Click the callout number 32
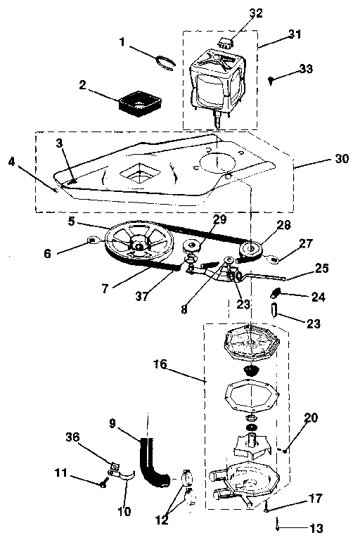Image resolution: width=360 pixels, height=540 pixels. point(236,13)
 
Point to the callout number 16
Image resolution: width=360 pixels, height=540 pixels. point(160,364)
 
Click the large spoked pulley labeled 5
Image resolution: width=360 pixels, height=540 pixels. point(139,243)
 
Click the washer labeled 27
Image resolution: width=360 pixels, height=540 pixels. point(275,260)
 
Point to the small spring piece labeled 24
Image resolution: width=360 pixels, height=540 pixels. point(278,291)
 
